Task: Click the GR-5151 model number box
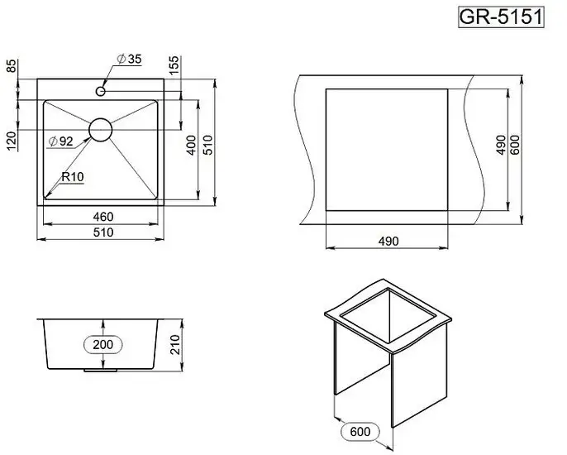click(501, 17)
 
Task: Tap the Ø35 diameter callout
click(130, 59)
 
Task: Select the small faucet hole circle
click(101, 91)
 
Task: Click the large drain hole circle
click(101, 130)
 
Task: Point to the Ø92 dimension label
click(61, 141)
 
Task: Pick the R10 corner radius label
click(73, 177)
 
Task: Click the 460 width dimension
click(103, 217)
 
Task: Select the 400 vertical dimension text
click(191, 145)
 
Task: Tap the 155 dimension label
click(174, 65)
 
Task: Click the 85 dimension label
click(12, 66)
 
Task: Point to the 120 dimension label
click(12, 141)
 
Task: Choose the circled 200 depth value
click(103, 345)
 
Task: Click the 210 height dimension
click(174, 345)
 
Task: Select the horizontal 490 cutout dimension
click(388, 241)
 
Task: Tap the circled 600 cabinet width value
click(360, 432)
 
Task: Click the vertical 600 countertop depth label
click(515, 145)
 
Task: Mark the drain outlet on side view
click(101, 371)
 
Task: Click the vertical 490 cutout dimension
click(501, 145)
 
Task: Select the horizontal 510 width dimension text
click(103, 232)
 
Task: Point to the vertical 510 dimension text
click(208, 145)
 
